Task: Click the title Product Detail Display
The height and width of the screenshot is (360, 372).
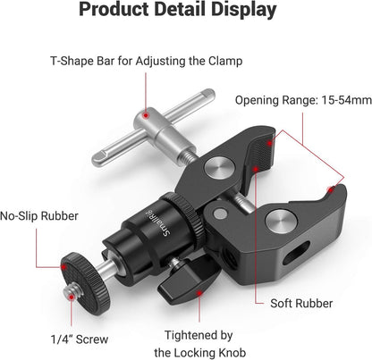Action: (x=186, y=12)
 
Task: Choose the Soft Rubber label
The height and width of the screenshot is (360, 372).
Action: (x=304, y=302)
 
